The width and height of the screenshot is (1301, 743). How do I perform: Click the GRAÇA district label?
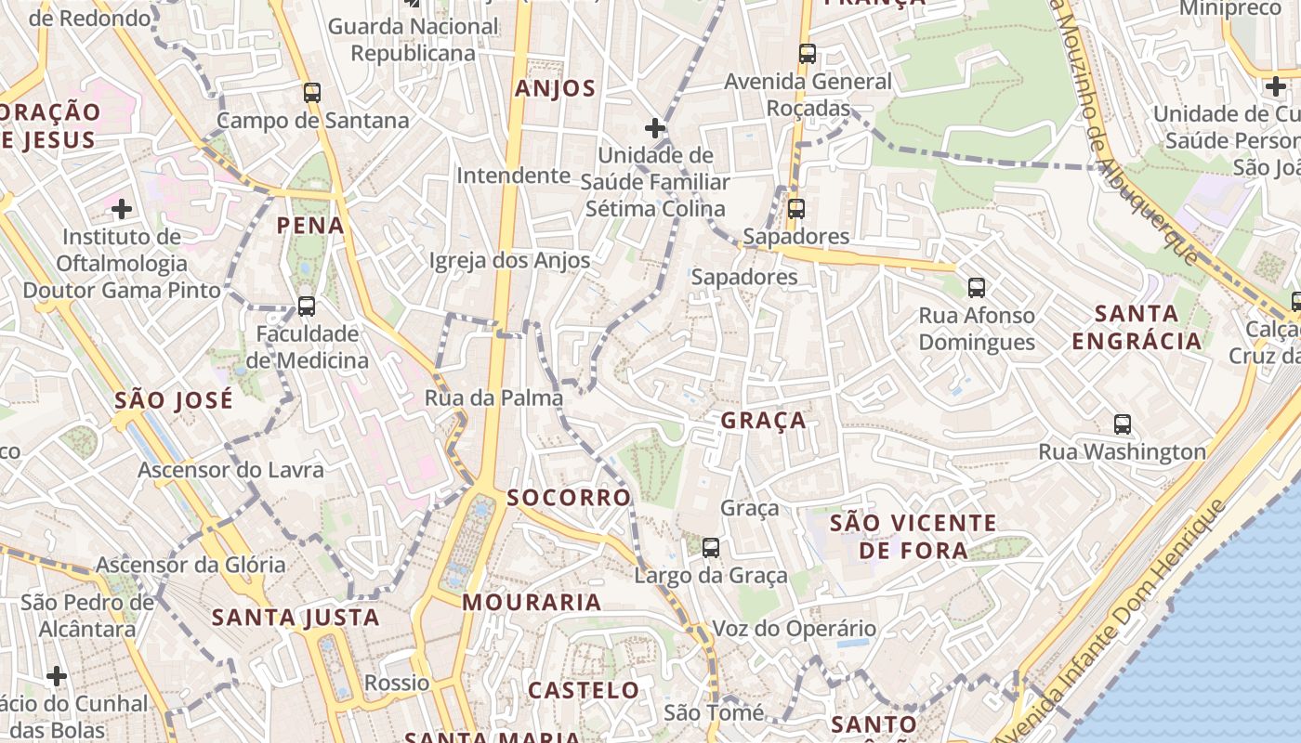pos(764,421)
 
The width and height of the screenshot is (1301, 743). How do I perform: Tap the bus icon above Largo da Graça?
pos(711,548)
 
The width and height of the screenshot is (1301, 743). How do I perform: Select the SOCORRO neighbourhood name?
pos(569,498)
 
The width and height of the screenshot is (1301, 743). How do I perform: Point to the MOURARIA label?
pos(532,603)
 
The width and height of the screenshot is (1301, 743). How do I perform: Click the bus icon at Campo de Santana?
pos(312,93)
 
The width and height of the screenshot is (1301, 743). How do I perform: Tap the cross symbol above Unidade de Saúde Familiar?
pos(655,127)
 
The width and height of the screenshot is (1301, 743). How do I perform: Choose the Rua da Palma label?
pos(493,398)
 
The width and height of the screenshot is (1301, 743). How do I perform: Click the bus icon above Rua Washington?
pos(1123,424)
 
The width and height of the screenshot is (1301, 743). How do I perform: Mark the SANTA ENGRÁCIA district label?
pos(1137,327)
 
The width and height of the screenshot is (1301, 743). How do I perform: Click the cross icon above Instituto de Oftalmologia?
pos(122,209)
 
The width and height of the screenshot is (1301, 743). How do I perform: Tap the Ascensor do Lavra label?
pos(230,470)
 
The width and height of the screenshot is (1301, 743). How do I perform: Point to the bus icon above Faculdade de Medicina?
pos(306,306)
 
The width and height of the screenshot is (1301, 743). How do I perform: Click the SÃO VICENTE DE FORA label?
pos(913,537)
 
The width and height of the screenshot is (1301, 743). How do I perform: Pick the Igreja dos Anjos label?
pos(509,261)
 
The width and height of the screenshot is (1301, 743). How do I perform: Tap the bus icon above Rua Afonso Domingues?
pos(976,288)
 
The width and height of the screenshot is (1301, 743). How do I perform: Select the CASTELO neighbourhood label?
pos(584,690)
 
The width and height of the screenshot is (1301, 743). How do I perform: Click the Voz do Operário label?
pos(794,629)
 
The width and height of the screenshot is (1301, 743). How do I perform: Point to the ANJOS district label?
pos(555,89)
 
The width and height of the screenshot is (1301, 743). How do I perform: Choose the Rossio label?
pos(397,684)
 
